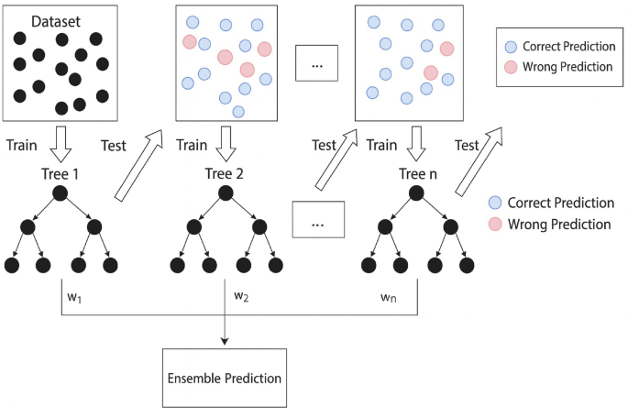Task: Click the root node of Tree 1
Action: (x=61, y=192)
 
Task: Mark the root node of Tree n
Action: (x=416, y=192)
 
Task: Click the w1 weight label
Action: (x=73, y=298)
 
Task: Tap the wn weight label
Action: (x=389, y=298)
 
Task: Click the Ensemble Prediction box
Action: (x=225, y=378)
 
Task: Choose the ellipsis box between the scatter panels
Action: (x=317, y=65)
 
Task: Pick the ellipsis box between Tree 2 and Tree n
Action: (x=317, y=221)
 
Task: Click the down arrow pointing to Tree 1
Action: (x=61, y=143)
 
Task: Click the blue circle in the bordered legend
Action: (x=511, y=46)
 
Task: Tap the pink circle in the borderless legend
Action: (x=495, y=224)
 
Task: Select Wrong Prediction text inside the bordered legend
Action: (x=567, y=67)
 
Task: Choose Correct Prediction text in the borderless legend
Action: (x=560, y=203)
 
